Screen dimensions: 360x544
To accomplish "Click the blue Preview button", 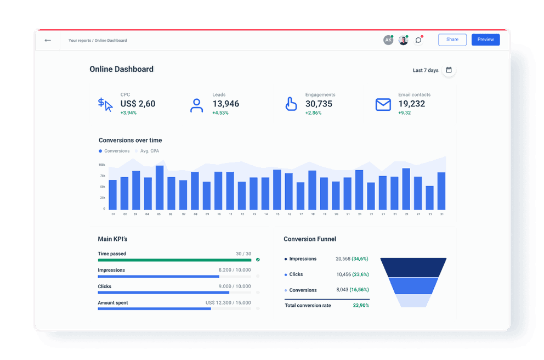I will [485, 40].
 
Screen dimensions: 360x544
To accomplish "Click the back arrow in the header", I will [48, 40].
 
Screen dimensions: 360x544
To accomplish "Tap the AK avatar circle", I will [388, 40].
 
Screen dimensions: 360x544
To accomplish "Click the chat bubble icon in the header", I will [418, 40].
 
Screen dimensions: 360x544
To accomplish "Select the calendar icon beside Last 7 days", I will [449, 70].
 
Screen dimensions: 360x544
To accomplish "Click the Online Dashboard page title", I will [121, 69].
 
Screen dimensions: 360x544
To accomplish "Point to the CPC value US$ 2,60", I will [138, 104].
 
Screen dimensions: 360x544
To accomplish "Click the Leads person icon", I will [196, 105].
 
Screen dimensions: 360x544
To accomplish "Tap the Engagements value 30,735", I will [319, 104].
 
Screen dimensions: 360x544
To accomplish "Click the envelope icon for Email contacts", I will [383, 104].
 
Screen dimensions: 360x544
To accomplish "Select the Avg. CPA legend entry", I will [149, 151].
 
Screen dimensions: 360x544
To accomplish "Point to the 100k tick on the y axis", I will [102, 165].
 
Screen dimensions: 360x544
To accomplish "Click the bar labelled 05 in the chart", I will [160, 187].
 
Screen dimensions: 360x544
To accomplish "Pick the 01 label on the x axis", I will [113, 214].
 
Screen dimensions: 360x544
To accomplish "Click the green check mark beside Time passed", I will [258, 260].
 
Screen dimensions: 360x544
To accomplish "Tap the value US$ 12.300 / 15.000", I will [228, 302].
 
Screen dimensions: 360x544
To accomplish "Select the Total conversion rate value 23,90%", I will [360, 305].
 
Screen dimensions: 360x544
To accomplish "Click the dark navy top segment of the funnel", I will [413, 267].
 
